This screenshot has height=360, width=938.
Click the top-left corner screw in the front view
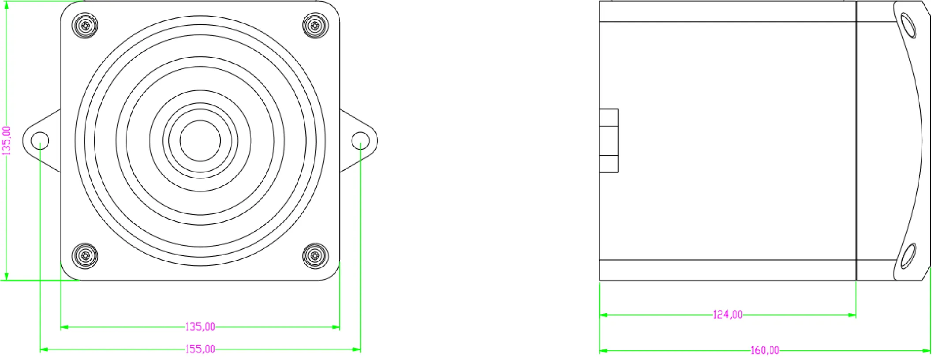[85, 26]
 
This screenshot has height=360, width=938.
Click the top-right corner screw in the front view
[315, 26]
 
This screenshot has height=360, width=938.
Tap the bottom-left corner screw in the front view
[85, 255]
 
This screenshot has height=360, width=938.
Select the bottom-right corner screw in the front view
[315, 255]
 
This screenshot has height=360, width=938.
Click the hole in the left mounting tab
[40, 140]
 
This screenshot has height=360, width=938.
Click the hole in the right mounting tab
[360, 140]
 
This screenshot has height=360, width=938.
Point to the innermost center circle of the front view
[200, 141]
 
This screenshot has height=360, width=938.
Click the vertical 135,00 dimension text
[7, 141]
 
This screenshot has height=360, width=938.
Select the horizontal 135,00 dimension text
[200, 327]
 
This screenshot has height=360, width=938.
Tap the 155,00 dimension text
[200, 349]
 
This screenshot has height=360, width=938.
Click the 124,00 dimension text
[727, 315]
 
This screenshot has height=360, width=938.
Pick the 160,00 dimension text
[765, 351]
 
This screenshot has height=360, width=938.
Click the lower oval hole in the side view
[908, 256]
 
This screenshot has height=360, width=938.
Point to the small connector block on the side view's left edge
[609, 140]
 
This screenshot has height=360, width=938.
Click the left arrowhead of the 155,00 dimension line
[44, 349]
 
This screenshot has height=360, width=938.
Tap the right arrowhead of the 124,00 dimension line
[852, 315]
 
